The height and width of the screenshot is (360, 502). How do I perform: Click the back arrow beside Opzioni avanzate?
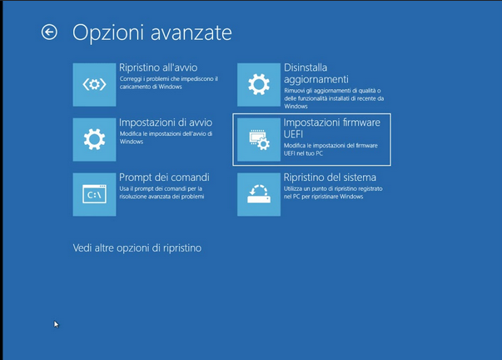click(49, 32)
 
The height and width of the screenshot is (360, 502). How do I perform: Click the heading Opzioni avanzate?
click(152, 32)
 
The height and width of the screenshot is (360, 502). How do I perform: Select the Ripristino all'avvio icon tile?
click(93, 83)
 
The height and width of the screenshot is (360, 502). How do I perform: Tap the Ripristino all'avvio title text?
click(158, 67)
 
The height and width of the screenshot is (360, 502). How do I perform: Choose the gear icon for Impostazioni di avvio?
click(93, 139)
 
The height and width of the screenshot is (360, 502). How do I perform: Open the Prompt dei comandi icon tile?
click(93, 194)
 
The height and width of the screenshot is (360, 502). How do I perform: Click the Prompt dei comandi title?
click(164, 177)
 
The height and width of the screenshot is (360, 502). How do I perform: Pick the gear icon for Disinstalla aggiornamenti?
click(260, 83)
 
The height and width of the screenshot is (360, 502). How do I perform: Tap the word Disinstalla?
click(306, 67)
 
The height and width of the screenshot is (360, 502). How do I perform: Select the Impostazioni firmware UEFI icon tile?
click(260, 139)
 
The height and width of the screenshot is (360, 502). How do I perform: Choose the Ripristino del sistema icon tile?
click(260, 194)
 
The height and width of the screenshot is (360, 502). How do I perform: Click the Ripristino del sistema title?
click(330, 177)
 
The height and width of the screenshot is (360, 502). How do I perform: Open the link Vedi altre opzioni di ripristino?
click(137, 247)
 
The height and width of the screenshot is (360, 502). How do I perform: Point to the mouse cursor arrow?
click(57, 324)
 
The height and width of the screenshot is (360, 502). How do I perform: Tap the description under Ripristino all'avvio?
click(167, 83)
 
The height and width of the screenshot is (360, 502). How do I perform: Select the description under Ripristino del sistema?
click(331, 195)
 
